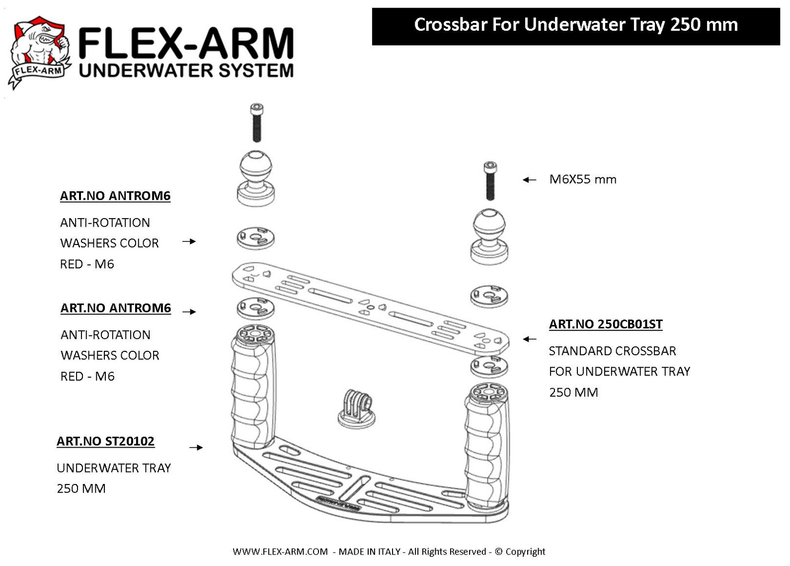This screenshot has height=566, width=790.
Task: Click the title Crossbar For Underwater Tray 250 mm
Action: point(575,25)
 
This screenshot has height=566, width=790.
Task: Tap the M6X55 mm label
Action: point(582,179)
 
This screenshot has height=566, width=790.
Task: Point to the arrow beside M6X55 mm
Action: point(529,180)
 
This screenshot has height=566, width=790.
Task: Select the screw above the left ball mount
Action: point(256,122)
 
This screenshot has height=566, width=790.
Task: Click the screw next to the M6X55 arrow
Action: point(490,181)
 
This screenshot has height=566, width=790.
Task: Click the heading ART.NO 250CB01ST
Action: point(605,324)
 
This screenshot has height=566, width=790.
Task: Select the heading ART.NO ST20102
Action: point(105,441)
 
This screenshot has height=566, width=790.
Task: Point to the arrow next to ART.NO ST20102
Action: point(196,447)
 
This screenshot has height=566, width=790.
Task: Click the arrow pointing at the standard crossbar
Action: point(530,339)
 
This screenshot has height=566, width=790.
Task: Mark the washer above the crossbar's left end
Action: point(255,238)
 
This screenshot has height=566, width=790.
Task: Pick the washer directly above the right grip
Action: point(489,366)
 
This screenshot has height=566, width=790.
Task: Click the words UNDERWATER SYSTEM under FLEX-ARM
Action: point(186,70)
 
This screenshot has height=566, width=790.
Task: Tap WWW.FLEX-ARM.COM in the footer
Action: point(280,552)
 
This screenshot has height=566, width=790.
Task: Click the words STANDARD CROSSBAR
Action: point(612,351)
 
